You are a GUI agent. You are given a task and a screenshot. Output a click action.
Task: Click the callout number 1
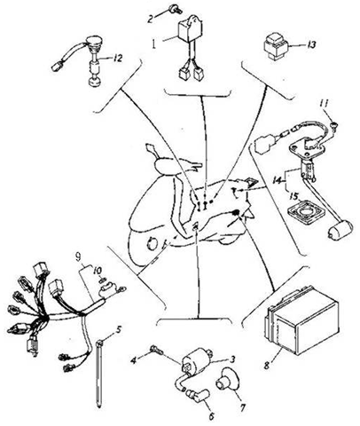(154, 42)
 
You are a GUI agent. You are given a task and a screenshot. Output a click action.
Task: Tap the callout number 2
(152, 17)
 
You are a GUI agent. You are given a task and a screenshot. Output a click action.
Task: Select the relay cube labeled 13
(280, 43)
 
